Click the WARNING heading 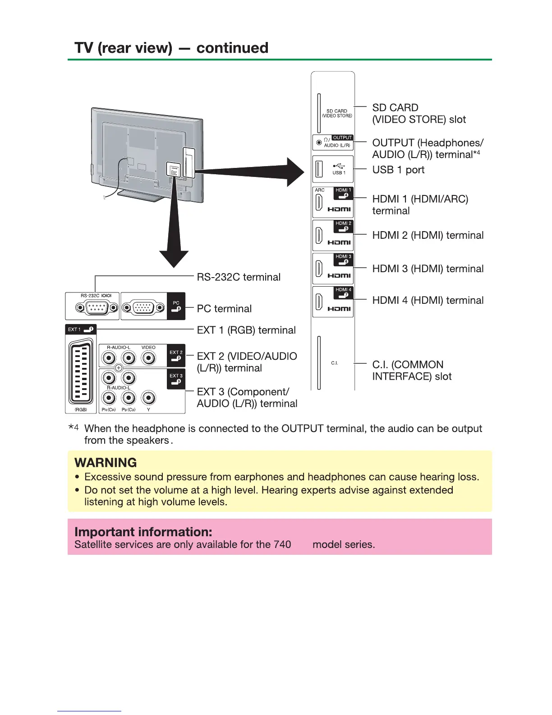(x=106, y=463)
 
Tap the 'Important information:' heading (x=143, y=532)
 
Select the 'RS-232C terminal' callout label (x=239, y=277)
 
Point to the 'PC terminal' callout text (x=224, y=309)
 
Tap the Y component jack (x=148, y=398)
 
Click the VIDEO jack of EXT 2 (x=148, y=358)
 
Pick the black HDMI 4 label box (x=343, y=292)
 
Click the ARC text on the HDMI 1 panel (x=320, y=190)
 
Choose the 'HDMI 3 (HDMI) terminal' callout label (x=428, y=269)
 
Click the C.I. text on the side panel (x=334, y=363)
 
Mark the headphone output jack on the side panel (x=319, y=142)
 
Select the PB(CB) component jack (x=129, y=398)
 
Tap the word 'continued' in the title (x=232, y=48)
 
